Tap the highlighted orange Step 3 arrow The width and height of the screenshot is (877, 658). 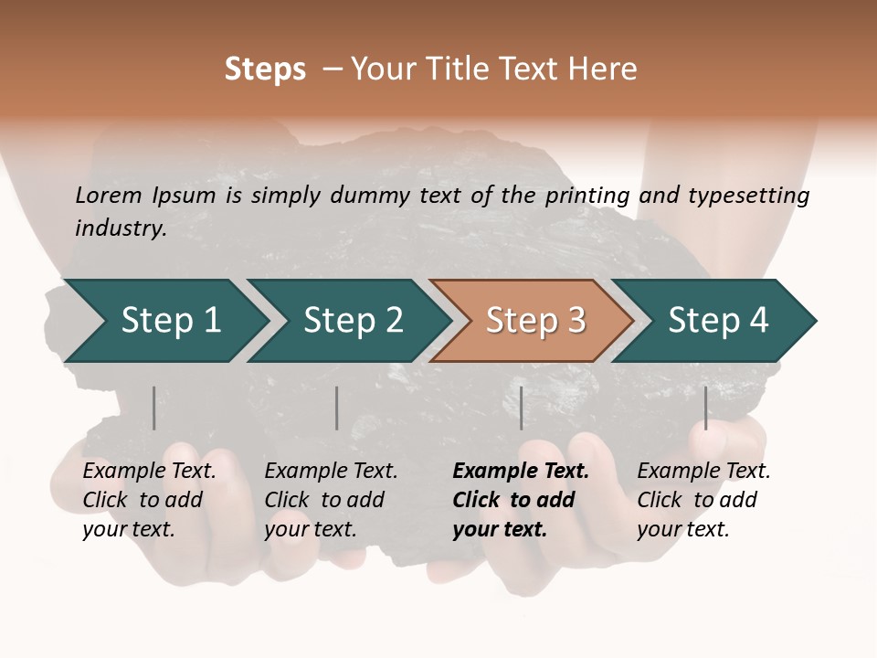pos(534,321)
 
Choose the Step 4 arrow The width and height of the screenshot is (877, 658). pos(718,321)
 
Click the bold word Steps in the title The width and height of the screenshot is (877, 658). pos(265,69)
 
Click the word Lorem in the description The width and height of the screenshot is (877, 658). pos(108,195)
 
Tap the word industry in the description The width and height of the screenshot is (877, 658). pos(120,228)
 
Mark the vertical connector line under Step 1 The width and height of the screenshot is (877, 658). pos(154,408)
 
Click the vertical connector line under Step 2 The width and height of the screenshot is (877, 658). pos(337,408)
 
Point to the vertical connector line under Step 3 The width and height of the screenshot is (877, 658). pos(521,408)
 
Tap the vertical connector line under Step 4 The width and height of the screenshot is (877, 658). pos(705,408)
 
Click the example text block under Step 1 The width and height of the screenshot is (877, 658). pos(149,500)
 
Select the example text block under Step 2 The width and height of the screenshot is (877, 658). pos(331,500)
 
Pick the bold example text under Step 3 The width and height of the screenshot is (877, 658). pos(520,500)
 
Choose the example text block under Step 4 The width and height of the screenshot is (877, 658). pos(703,500)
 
